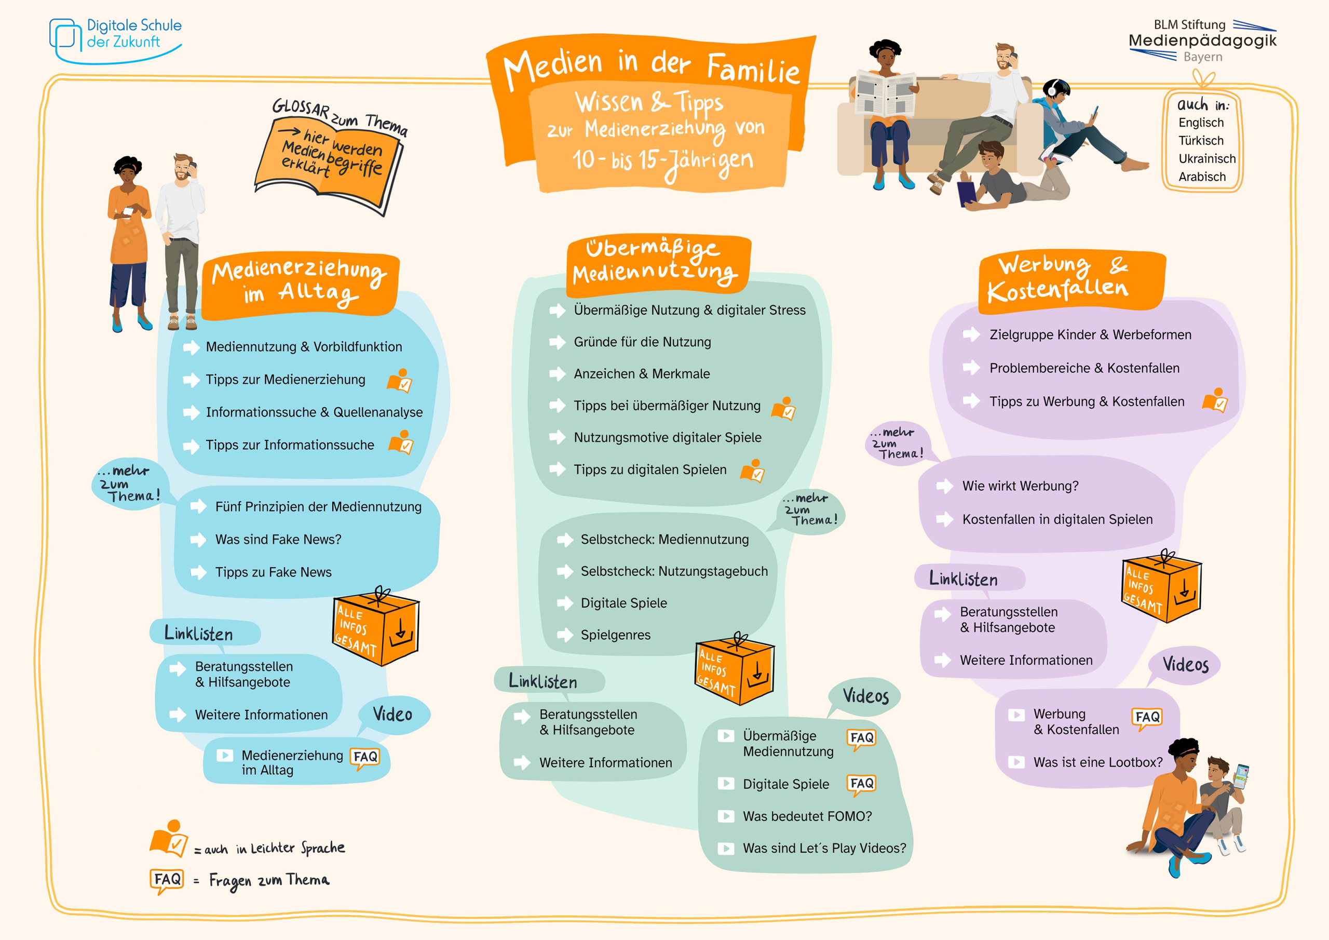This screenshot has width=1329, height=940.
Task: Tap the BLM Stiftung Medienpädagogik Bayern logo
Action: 1202,41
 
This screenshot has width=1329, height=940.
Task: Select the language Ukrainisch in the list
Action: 1206,159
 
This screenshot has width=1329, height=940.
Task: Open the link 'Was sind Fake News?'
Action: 278,540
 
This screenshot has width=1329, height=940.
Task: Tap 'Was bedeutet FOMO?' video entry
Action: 807,816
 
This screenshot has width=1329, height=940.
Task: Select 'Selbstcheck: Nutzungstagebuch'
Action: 674,572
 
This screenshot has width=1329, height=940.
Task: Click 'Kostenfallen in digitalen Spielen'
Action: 1057,519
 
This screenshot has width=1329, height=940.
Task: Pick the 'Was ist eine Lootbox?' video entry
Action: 1097,763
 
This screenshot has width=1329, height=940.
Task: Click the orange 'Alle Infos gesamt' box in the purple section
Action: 1161,587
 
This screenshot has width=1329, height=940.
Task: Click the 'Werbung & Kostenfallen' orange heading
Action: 1071,279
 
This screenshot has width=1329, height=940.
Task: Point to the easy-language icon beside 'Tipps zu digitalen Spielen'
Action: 752,471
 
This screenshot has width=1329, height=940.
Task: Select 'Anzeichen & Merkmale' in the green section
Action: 641,374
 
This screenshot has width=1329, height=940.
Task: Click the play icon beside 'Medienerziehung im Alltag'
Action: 225,756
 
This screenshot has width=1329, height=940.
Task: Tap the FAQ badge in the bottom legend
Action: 167,880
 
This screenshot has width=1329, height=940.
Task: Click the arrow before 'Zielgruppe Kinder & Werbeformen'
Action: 971,335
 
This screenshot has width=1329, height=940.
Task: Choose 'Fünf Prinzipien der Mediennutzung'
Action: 318,507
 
